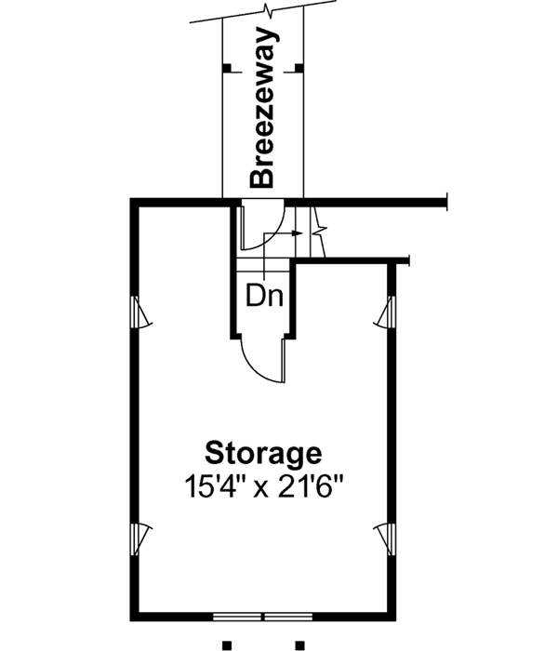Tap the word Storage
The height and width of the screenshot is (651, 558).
tap(264, 455)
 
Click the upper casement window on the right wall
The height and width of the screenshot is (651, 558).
tap(387, 313)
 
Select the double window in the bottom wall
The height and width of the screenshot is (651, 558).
tap(263, 617)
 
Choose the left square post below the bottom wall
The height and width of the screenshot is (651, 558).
tap(226, 644)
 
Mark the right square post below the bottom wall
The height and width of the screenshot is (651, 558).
tap(299, 644)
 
